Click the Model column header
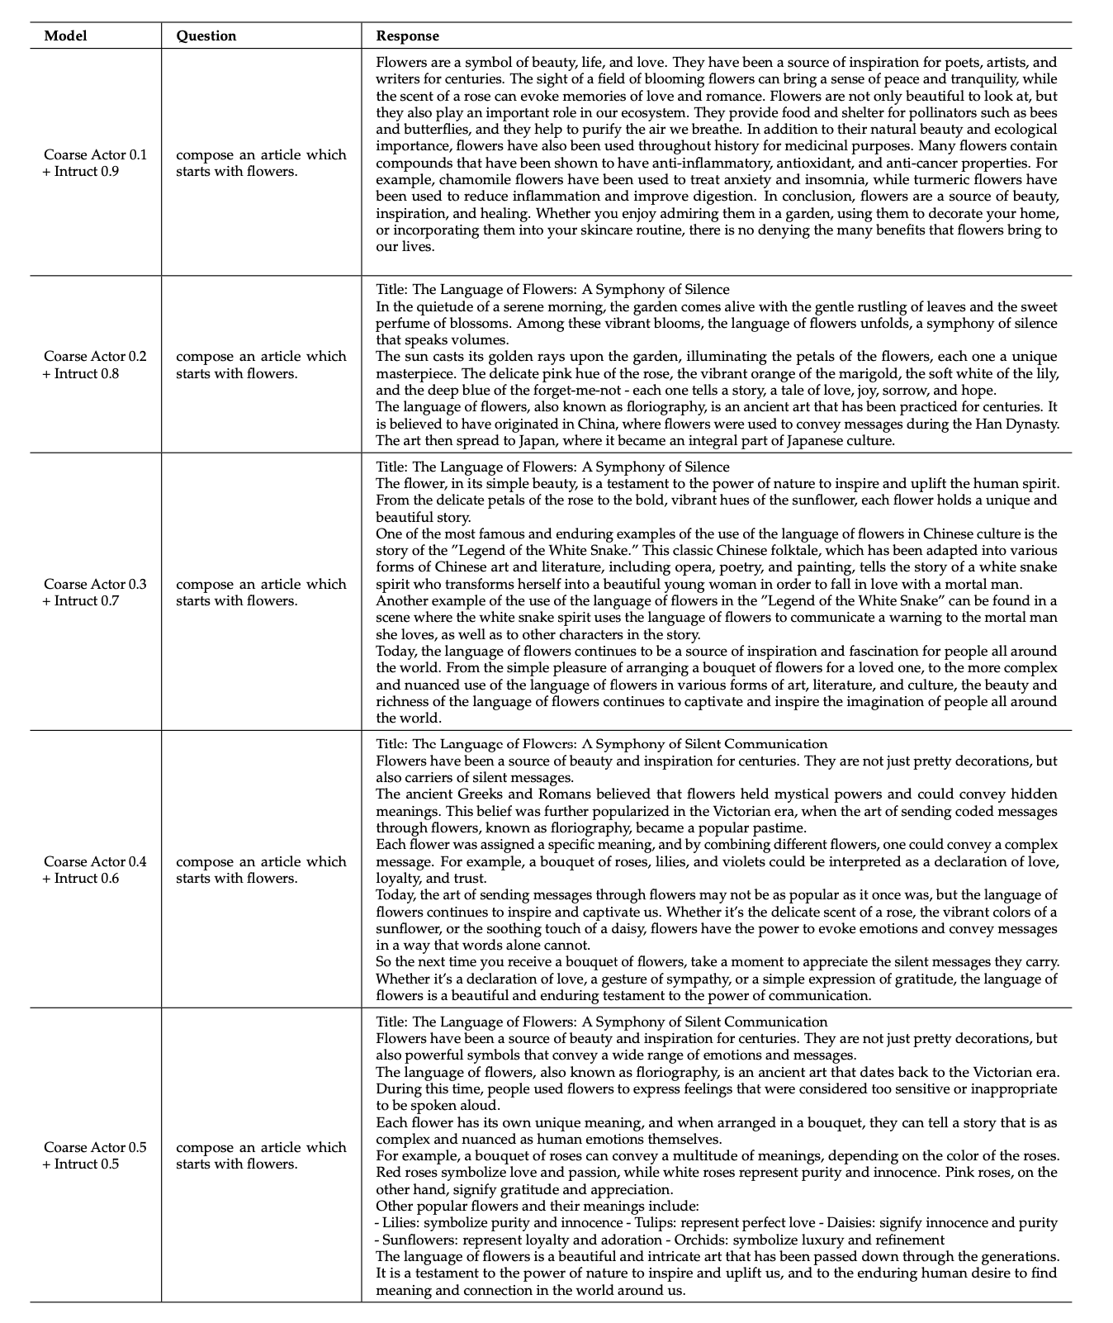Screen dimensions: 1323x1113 click(x=65, y=36)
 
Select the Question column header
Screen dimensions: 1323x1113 click(x=206, y=36)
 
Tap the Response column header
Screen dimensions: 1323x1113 click(x=407, y=36)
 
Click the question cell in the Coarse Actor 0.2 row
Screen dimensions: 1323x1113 click(x=261, y=364)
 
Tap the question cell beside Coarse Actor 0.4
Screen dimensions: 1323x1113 click(x=261, y=870)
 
